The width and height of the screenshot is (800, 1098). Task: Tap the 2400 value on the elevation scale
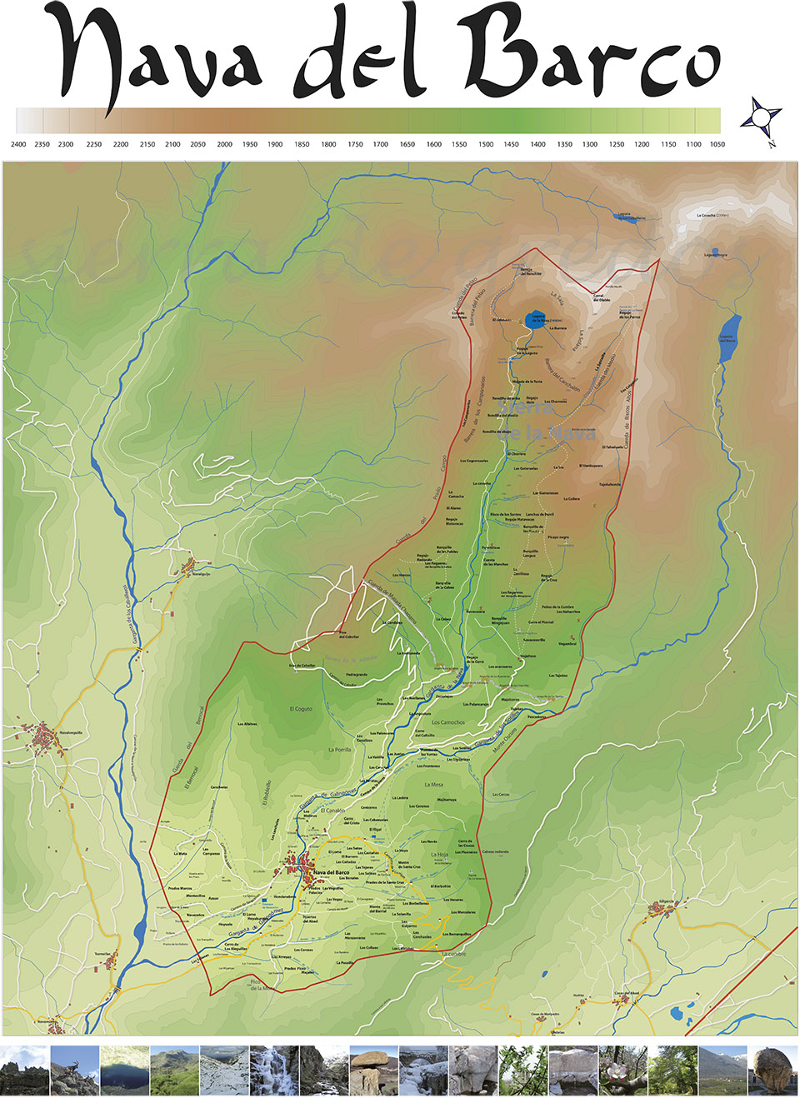pos(18,144)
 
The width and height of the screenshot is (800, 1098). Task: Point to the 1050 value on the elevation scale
pos(717,144)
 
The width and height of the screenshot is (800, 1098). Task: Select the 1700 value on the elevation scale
pos(380,144)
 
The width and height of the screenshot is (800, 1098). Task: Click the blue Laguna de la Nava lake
pos(537,318)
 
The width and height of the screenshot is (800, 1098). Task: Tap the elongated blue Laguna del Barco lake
pos(730,337)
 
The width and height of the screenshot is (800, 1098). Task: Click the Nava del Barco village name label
pos(331,872)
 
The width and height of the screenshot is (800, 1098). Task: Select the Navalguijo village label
pos(202,573)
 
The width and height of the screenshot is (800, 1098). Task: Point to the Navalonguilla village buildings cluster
pos(43,738)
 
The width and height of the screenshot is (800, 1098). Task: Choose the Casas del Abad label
pos(626,993)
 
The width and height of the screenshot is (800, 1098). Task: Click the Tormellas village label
pos(102,954)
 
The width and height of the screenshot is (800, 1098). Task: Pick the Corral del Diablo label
pos(602,297)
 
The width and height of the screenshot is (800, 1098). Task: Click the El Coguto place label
pos(301,709)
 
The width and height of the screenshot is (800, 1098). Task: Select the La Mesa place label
pos(433,784)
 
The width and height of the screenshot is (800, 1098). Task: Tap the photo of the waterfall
pos(273,1071)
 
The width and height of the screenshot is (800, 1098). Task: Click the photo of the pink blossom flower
pos(622,1071)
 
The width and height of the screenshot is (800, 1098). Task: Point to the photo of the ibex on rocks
pos(74,1071)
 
